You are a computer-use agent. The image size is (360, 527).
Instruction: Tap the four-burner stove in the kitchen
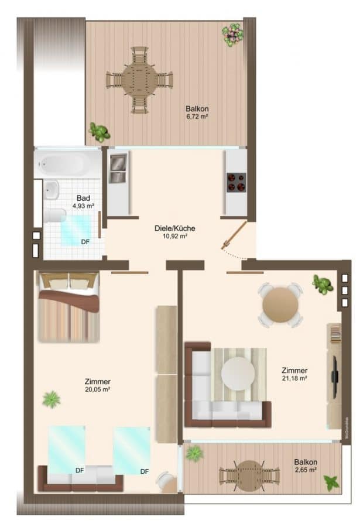[x=236, y=183]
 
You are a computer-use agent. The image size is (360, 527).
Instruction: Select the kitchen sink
[x=118, y=168]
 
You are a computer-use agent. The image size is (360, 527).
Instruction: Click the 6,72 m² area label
[x=197, y=117]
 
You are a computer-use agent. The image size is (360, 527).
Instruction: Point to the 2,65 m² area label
[x=306, y=470]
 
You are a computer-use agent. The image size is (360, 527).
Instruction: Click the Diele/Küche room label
[x=175, y=228]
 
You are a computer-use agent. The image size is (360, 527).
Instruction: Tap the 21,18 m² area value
[x=294, y=378]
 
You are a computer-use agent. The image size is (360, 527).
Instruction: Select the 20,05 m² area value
[x=98, y=389]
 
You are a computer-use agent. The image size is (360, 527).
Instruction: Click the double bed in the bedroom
[x=69, y=307]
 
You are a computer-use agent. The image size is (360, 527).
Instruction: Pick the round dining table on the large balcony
[x=139, y=80]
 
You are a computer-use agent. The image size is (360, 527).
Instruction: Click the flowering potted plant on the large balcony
[x=232, y=35]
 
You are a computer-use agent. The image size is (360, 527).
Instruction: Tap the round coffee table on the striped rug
[x=238, y=374]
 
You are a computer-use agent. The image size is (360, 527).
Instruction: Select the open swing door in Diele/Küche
[x=234, y=235]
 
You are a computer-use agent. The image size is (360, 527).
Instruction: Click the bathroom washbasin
[x=52, y=190]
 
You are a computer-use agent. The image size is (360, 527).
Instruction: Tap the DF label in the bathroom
[x=85, y=242]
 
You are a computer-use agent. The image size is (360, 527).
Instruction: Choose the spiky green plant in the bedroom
[x=52, y=399]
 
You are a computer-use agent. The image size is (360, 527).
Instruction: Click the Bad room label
[x=83, y=198]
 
